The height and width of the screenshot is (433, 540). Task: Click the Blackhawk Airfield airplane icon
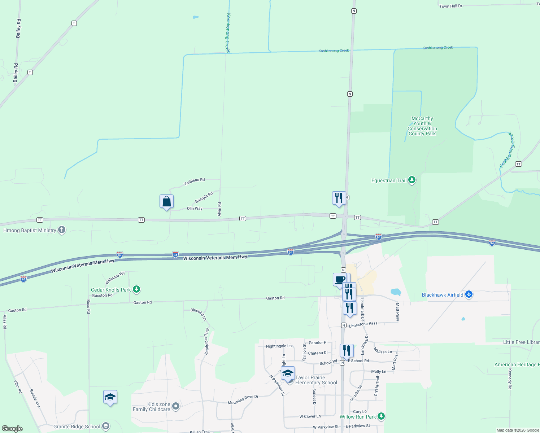click(x=469, y=294)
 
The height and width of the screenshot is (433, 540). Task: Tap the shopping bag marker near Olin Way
click(x=166, y=202)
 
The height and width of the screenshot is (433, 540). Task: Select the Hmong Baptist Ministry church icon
click(x=62, y=230)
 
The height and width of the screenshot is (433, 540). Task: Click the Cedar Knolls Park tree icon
click(x=136, y=289)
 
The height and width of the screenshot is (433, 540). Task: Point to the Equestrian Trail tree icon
click(x=412, y=180)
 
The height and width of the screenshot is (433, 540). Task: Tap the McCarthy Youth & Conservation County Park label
click(x=422, y=126)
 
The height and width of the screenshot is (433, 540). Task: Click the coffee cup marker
click(x=340, y=280)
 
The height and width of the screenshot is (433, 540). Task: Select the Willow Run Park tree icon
click(x=381, y=416)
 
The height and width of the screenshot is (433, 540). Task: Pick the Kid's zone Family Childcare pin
click(x=175, y=407)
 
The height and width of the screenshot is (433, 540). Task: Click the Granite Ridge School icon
click(x=105, y=427)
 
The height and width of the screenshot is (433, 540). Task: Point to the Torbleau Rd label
click(x=194, y=181)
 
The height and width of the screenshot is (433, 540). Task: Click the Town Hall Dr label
click(x=450, y=6)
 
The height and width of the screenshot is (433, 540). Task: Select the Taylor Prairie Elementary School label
click(x=316, y=380)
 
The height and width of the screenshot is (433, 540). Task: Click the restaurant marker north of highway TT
click(x=339, y=198)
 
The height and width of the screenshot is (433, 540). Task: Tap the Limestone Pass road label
click(x=363, y=324)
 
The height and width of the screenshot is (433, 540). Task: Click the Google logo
click(x=12, y=428)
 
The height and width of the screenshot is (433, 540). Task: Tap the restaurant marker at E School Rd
click(x=346, y=351)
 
